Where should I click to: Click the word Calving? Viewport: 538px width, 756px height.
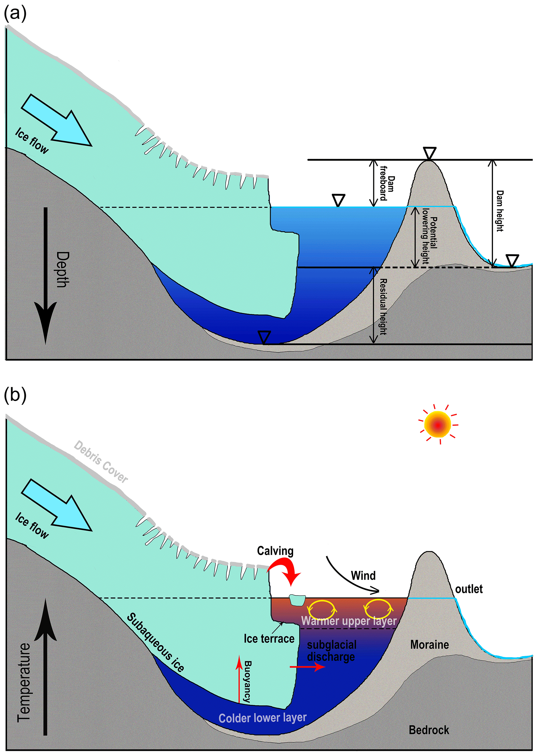275,551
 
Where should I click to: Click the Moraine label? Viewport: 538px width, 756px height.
429,644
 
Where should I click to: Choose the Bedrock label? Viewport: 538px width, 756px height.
429,729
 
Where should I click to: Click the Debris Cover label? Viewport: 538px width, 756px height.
101,462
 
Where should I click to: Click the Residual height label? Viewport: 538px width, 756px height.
383,306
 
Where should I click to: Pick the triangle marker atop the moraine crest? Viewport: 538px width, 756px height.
429,153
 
